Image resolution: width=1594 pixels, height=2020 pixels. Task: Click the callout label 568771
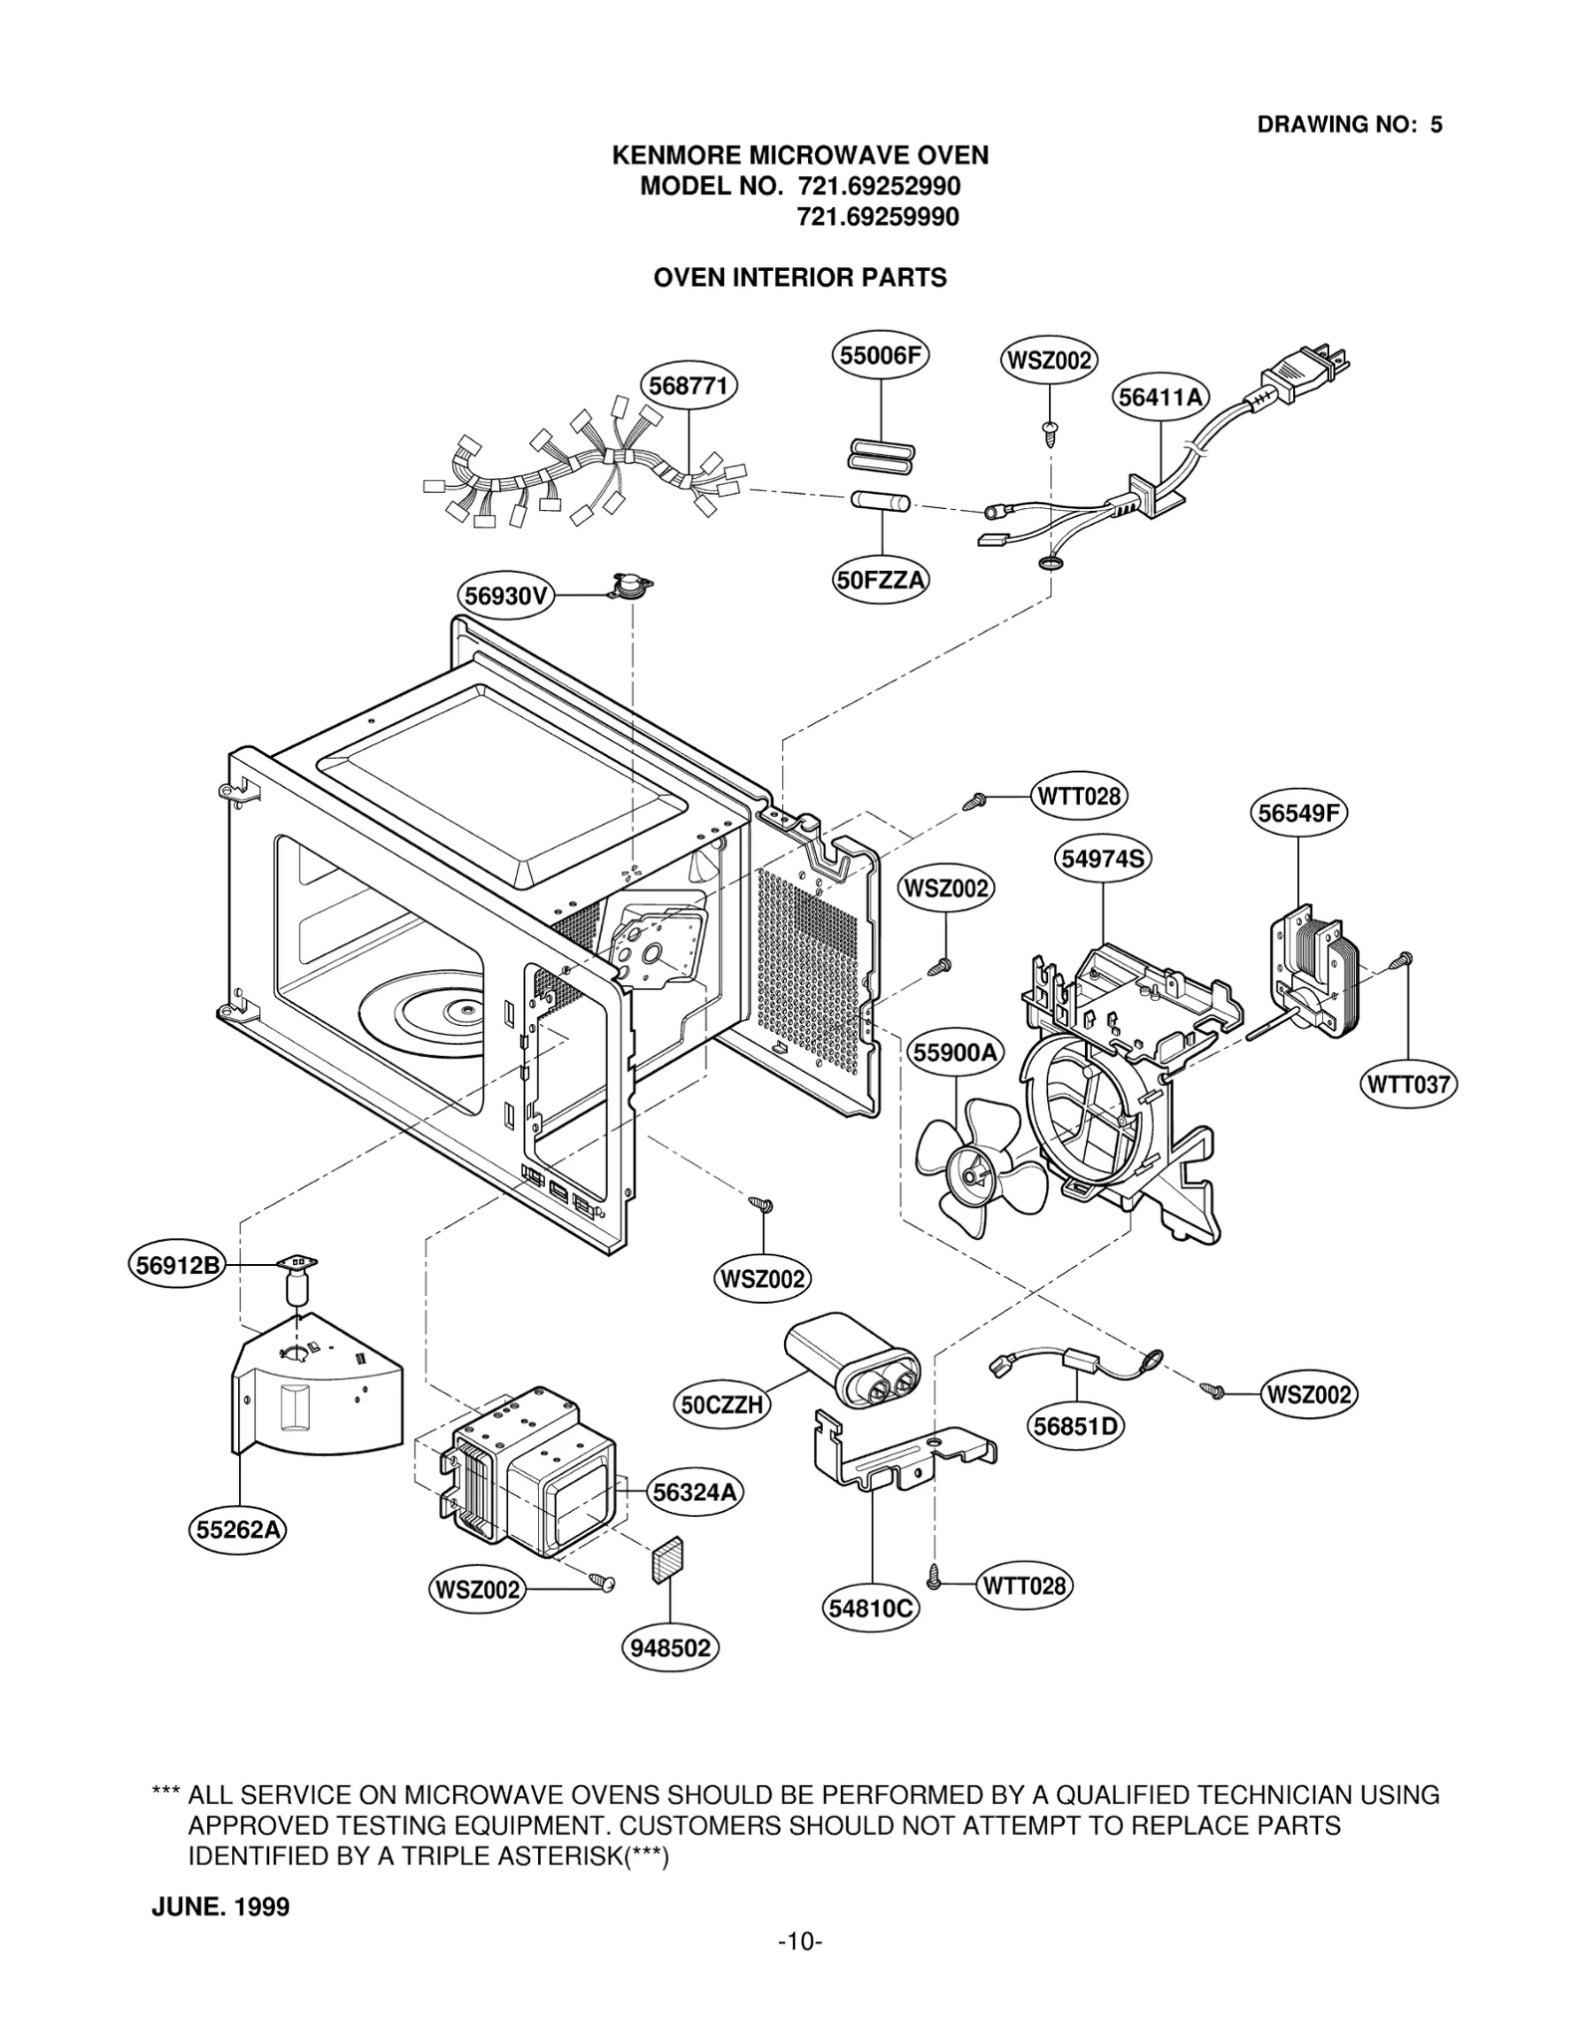click(687, 385)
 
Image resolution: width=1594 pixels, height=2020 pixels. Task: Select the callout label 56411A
click(1161, 397)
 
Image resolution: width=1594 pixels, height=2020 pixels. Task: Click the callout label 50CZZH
click(721, 1404)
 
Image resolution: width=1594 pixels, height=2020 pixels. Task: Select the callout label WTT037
click(1408, 1084)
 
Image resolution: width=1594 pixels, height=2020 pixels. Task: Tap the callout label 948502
click(670, 1647)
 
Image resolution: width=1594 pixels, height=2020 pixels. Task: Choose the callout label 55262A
click(238, 1529)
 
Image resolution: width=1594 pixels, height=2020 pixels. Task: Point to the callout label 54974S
click(1103, 858)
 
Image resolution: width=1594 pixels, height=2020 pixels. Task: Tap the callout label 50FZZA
click(881, 580)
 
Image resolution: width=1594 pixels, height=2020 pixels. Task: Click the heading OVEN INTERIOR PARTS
click(799, 278)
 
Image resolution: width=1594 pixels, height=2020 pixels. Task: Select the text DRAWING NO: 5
click(1349, 125)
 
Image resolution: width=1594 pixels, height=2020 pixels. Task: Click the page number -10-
click(799, 1968)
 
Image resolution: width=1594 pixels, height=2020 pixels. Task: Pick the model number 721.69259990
click(878, 217)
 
